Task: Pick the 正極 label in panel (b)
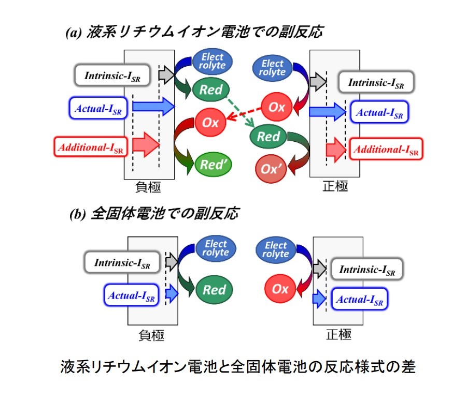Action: [x=339, y=335]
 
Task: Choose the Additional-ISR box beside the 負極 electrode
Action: [x=91, y=147]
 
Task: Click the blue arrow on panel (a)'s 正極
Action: [x=327, y=111]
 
